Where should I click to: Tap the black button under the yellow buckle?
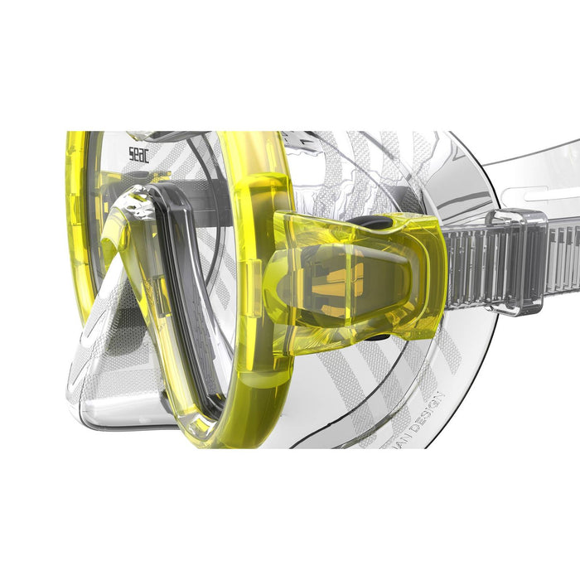[375, 336]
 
